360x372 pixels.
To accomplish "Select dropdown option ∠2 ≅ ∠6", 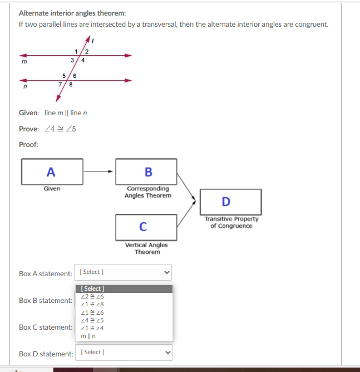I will [x=92, y=296].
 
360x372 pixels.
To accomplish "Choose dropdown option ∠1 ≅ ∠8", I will [x=92, y=304].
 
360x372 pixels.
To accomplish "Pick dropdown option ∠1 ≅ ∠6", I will [x=92, y=312].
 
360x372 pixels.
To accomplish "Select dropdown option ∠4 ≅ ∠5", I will [x=92, y=320].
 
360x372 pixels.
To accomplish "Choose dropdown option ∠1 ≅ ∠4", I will [x=92, y=328].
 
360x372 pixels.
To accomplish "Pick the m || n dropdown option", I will [x=88, y=336].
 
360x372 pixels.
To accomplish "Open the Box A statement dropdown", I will [x=123, y=272].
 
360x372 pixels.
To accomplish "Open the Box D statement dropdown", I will [x=123, y=352].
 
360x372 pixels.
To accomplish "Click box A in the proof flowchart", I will [x=52, y=172].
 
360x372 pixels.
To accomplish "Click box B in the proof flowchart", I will [x=146, y=172].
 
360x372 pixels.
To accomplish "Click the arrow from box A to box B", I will [x=99, y=172].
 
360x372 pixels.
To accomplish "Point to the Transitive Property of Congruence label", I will [x=231, y=222].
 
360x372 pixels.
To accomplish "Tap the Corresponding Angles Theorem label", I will [x=147, y=192].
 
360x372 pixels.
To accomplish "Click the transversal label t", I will [x=93, y=40].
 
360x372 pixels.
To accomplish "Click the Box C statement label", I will [x=46, y=327].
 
